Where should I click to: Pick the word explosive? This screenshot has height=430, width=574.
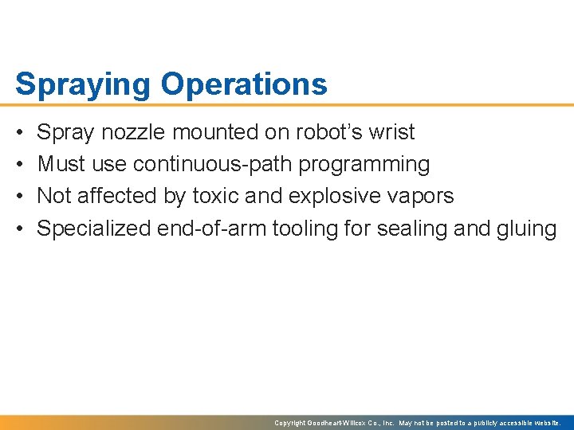coord(340,196)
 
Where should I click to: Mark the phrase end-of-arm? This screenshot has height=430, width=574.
coord(212,229)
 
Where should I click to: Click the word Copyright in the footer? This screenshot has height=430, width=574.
coord(290,423)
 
